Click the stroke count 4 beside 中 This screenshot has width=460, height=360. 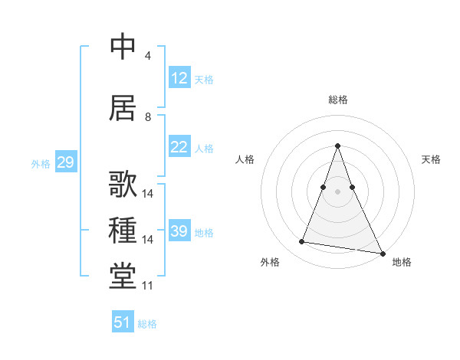pyautogui.click(x=148, y=56)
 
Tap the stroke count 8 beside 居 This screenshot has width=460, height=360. pyautogui.click(x=148, y=117)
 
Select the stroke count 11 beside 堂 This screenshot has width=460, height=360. pyautogui.click(x=148, y=286)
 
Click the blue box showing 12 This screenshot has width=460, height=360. pyautogui.click(x=179, y=78)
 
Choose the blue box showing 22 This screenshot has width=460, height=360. pyautogui.click(x=179, y=147)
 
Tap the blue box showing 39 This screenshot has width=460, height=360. pyautogui.click(x=179, y=231)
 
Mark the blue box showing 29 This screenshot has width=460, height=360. pyautogui.click(x=65, y=162)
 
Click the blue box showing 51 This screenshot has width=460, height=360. pyautogui.click(x=123, y=322)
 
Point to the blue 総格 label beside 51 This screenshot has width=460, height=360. pyautogui.click(x=147, y=324)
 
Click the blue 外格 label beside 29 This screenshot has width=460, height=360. pyautogui.click(x=41, y=164)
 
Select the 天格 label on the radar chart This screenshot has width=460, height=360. pyautogui.click(x=431, y=159)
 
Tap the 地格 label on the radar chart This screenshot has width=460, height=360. pyautogui.click(x=402, y=262)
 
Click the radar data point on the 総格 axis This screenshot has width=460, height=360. pyautogui.click(x=337, y=146)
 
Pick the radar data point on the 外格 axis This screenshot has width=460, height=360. pyautogui.click(x=302, y=242)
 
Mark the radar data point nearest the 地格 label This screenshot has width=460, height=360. pyautogui.click(x=381, y=252)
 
